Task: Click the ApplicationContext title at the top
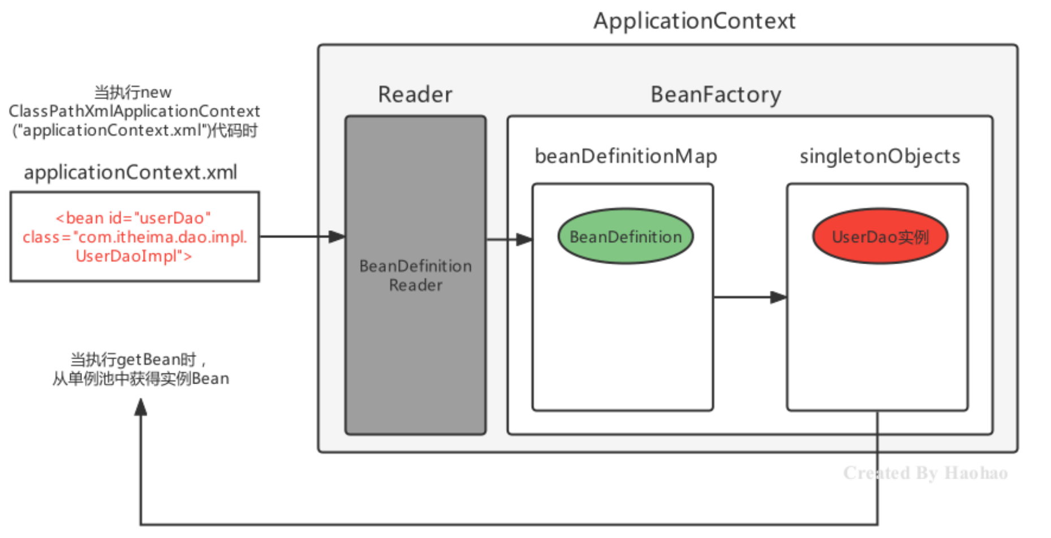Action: coord(694,21)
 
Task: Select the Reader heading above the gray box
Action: coord(415,94)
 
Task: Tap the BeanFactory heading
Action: coord(716,94)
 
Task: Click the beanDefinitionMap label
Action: coord(626,156)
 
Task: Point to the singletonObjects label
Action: coord(880,156)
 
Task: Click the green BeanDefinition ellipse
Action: coord(626,236)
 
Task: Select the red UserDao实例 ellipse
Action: coord(880,236)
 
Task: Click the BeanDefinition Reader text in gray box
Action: coord(416,276)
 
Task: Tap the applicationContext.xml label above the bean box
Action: coord(130,172)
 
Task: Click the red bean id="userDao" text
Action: coord(133,218)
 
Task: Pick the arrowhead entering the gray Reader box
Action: coord(337,236)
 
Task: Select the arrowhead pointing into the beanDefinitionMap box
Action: coord(524,239)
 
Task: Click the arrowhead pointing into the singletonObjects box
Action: coord(778,297)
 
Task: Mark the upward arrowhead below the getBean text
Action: coord(141,406)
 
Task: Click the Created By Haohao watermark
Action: coord(925,473)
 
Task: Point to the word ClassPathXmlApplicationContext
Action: coord(134,111)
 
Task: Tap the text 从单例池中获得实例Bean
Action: coord(141,378)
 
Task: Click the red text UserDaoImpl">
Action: coord(134,256)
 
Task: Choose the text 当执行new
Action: coord(133,92)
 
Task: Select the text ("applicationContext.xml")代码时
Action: coord(135,130)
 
